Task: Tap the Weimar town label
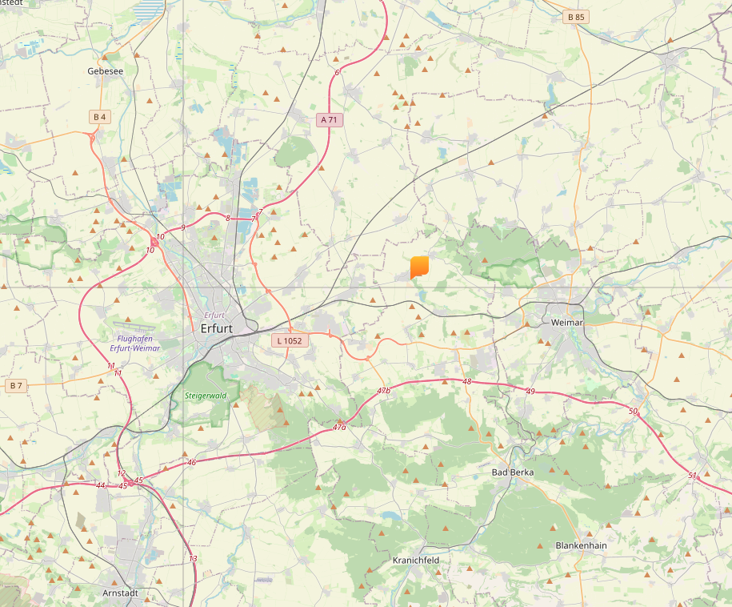[x=567, y=322]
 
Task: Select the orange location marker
[x=419, y=267]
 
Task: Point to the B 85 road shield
[x=576, y=16]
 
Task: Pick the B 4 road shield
[x=99, y=117]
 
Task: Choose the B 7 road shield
[x=16, y=385]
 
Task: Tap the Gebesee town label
[x=105, y=70]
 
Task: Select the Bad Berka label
[x=512, y=472]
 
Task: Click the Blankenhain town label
[x=581, y=545]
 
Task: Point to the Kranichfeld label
[x=416, y=560]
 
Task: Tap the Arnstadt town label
[x=121, y=593]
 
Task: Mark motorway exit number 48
[x=467, y=382]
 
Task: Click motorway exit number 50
[x=634, y=411]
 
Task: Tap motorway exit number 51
[x=692, y=476]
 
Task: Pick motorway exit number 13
[x=193, y=558]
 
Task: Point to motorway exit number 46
[x=191, y=463]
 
